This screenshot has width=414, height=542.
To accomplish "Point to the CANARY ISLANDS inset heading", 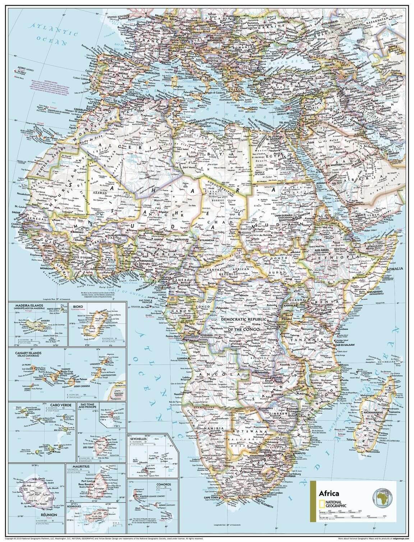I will (24, 353).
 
